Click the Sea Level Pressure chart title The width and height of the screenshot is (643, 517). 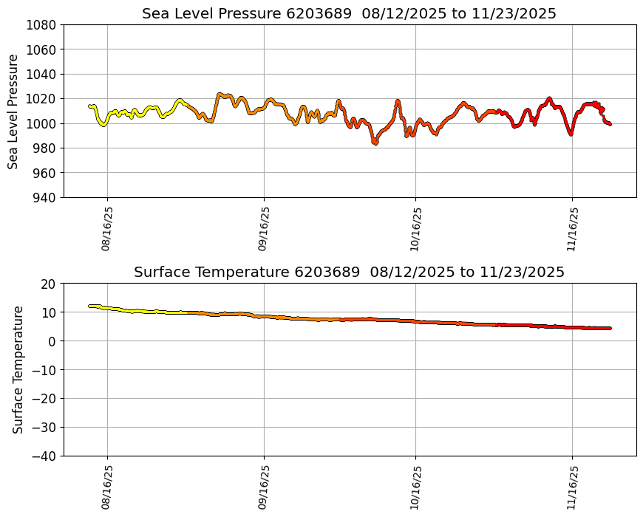pyautogui.click(x=349, y=13)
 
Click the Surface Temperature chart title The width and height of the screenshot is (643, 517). pyautogui.click(x=349, y=272)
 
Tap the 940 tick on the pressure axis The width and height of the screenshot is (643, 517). pyautogui.click(x=46, y=197)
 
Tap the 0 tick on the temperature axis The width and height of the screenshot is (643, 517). pyautogui.click(x=53, y=341)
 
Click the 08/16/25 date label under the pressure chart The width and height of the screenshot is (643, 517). pyautogui.click(x=106, y=229)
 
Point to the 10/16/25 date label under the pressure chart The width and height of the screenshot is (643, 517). pyautogui.click(x=415, y=229)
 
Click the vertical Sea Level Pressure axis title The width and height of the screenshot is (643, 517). pyautogui.click(x=14, y=111)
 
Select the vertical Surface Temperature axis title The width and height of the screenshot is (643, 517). pyautogui.click(x=18, y=369)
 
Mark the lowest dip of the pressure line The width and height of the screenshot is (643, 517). pyautogui.click(x=375, y=143)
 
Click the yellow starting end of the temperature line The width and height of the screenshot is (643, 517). pyautogui.click(x=90, y=306)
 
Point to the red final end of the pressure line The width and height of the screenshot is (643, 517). pyautogui.click(x=610, y=124)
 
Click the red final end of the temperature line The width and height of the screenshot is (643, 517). pyautogui.click(x=610, y=328)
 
